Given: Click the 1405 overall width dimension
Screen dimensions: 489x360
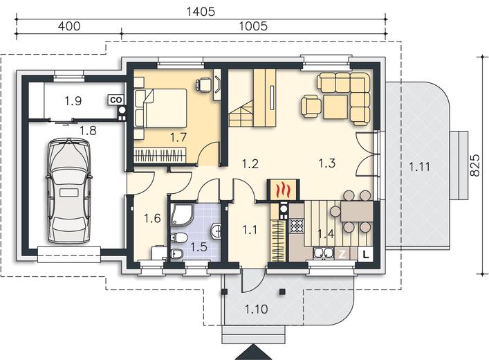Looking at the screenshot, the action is click(201, 12).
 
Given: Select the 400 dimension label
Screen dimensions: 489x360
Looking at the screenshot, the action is click(69, 26).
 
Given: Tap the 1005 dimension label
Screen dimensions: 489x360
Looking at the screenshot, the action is click(253, 26).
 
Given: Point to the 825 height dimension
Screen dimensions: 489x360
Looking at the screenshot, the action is click(474, 165).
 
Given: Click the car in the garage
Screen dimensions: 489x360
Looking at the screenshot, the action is click(69, 190).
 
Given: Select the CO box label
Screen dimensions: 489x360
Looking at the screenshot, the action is click(116, 100).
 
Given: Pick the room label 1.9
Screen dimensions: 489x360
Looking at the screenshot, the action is click(73, 101).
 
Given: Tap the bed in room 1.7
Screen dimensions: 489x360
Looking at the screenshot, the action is click(160, 108).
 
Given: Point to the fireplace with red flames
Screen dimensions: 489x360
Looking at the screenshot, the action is click(284, 190).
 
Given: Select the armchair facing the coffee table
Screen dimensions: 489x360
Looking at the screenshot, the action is click(311, 106).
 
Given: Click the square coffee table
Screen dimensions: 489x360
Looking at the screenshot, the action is click(335, 107).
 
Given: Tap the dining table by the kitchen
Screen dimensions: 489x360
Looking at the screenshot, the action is click(357, 211).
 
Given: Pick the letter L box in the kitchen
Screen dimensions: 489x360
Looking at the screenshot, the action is click(366, 254).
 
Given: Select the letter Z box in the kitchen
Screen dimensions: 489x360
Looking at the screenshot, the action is click(342, 254).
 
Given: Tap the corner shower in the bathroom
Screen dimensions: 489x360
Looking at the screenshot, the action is click(182, 214).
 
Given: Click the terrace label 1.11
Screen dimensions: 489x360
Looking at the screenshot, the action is click(419, 167).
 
